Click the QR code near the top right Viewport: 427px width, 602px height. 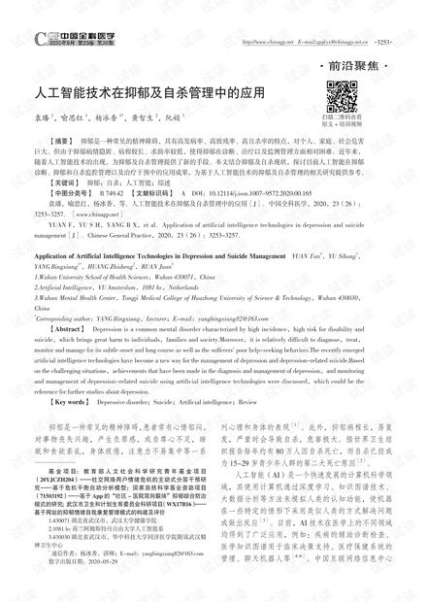(341, 96)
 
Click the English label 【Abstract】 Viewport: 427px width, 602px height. (54, 328)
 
